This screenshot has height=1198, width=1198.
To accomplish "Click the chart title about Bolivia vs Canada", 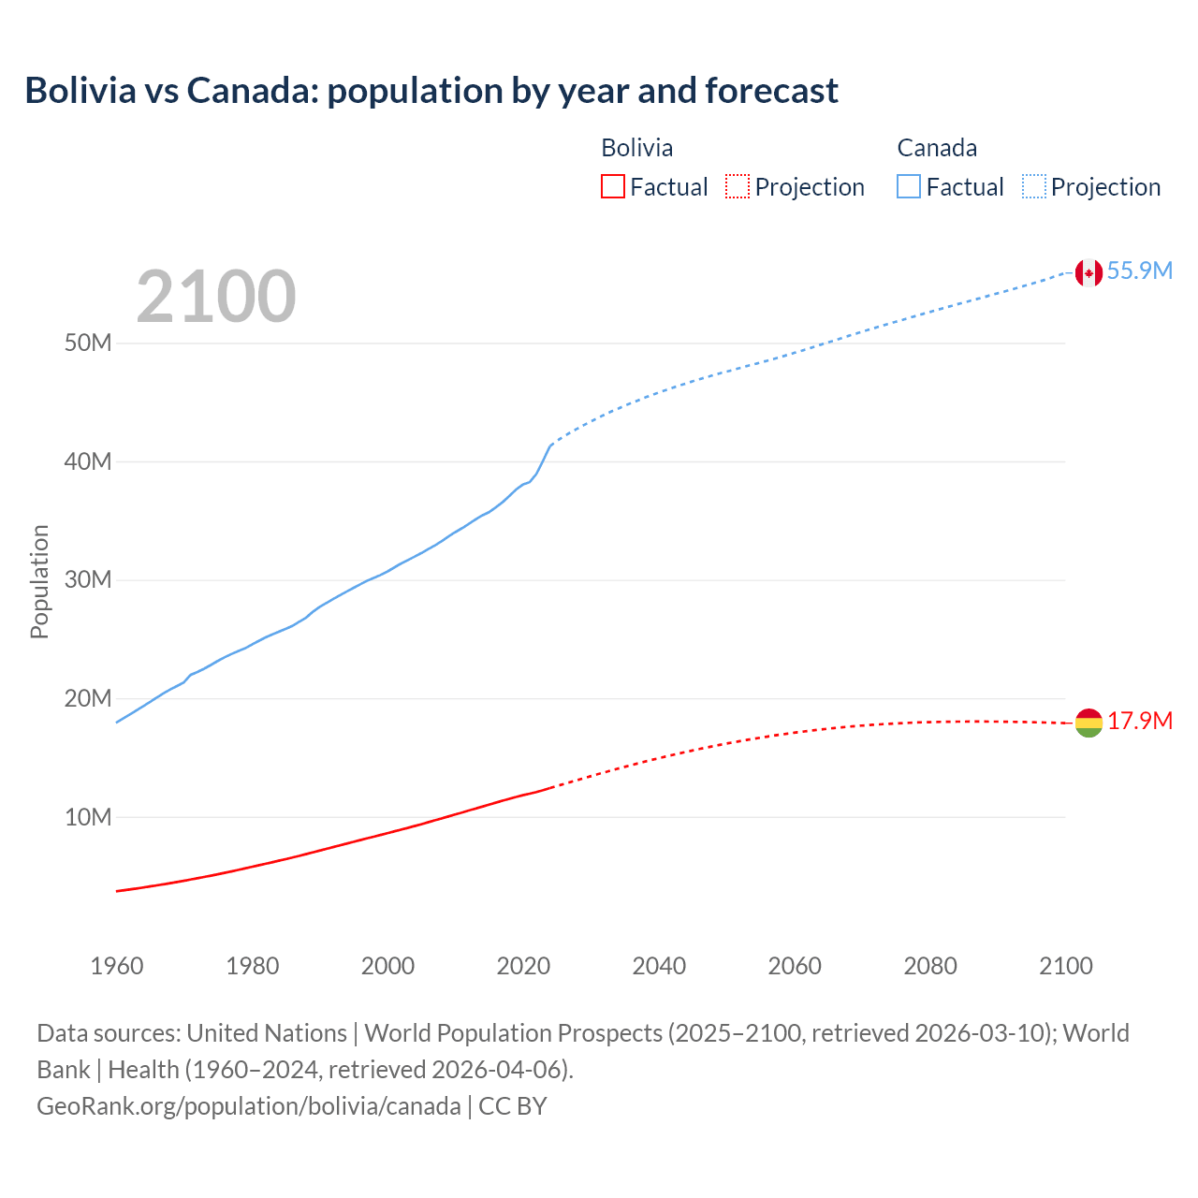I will (431, 91).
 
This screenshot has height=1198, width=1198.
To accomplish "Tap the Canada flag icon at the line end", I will (1088, 272).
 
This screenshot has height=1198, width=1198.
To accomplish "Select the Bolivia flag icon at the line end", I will (1088, 723).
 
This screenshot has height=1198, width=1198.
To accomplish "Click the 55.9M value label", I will (1139, 271).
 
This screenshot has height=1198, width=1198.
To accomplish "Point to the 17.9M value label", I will (1139, 722).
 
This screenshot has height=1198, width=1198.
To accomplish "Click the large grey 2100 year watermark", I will (216, 297).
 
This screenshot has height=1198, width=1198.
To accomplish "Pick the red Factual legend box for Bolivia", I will (613, 186).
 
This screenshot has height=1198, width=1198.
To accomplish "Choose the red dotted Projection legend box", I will (738, 186).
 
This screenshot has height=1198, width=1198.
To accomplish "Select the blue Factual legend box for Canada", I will (909, 186).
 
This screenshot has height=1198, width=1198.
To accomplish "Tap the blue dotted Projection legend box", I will (1034, 186).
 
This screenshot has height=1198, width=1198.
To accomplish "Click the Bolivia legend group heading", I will (636, 148).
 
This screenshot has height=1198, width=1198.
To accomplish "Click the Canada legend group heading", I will (937, 148).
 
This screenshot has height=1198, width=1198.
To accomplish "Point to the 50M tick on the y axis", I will (88, 343).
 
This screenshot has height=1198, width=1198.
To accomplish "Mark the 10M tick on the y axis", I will (88, 818).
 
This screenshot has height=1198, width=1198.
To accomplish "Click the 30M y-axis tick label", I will (88, 580).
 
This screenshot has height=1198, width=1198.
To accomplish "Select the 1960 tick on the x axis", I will (117, 966).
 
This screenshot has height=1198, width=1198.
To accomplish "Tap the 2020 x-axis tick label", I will (523, 966).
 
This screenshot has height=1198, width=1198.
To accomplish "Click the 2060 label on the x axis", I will (795, 966).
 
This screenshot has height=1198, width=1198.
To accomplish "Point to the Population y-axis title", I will (39, 581).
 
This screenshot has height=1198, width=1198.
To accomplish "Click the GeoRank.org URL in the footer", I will (249, 1106).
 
